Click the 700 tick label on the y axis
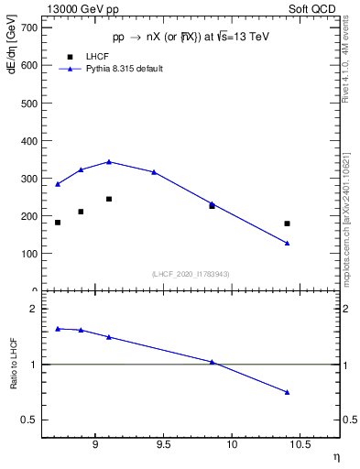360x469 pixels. coord(27,28)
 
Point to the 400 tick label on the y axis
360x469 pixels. coord(27,141)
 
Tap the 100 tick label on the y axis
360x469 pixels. coord(27,254)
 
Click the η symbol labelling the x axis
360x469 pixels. coord(335,455)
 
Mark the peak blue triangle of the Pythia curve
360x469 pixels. coord(109,161)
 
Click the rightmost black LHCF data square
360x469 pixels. coord(287,224)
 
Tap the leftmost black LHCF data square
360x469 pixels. coord(58,223)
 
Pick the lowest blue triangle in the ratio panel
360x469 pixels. coord(287,392)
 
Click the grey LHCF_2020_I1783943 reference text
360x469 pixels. coord(191,274)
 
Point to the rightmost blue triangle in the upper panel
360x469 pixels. coord(287,243)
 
